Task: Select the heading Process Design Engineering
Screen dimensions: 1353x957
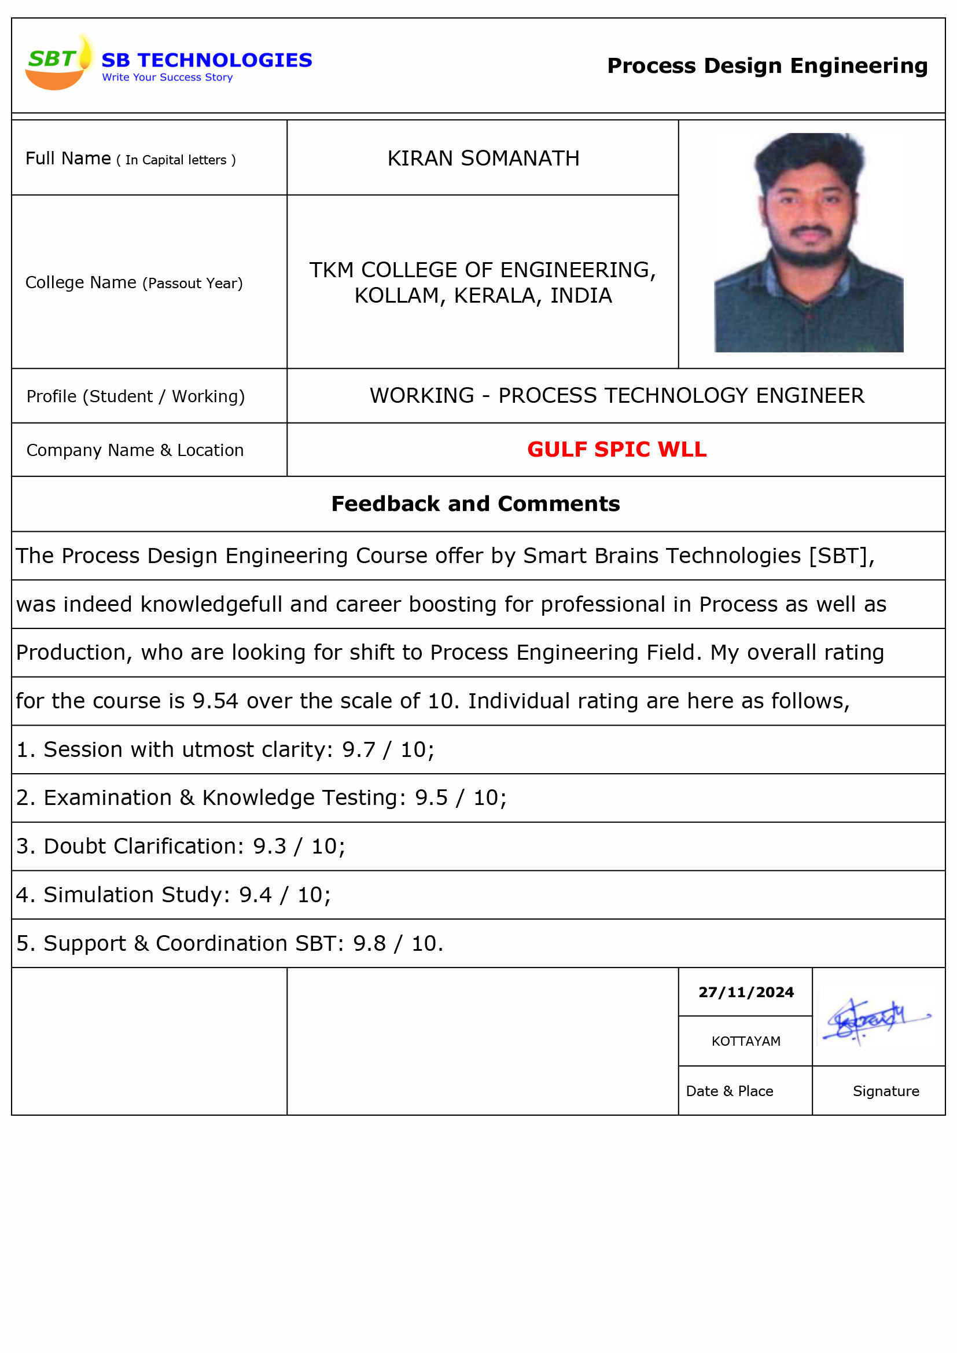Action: point(767,66)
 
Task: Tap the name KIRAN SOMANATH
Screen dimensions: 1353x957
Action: point(483,159)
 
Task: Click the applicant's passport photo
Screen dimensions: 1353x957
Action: point(808,243)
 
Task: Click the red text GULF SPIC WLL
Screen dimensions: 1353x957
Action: point(616,450)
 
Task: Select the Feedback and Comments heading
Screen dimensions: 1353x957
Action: point(476,504)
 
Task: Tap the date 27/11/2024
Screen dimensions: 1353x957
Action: point(746,992)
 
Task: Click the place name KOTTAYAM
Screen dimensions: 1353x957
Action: point(746,1041)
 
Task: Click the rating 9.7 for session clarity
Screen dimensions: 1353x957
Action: point(358,749)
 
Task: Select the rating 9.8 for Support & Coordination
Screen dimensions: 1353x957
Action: point(370,943)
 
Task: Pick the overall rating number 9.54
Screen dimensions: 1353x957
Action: point(215,701)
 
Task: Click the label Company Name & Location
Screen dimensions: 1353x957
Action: point(135,450)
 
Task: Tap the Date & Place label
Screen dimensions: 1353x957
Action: point(730,1091)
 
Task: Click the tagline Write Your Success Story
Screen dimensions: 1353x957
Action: point(167,77)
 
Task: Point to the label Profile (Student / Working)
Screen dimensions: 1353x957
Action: point(135,396)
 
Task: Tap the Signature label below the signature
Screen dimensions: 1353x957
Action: point(886,1091)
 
